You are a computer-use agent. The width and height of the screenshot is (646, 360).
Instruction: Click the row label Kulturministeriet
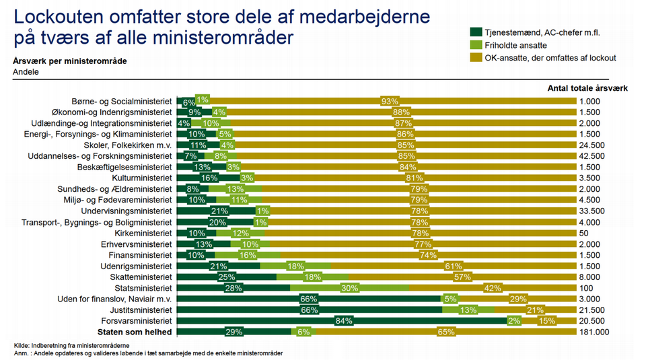click(x=142, y=178)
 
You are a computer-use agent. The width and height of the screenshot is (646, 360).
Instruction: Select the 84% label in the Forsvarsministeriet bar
click(x=344, y=321)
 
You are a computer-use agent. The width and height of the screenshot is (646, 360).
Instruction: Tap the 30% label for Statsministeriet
click(x=349, y=288)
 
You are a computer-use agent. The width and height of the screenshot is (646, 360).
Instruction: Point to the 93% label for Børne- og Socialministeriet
click(x=389, y=102)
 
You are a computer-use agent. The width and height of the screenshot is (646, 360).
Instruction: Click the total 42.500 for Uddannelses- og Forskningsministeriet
click(x=592, y=156)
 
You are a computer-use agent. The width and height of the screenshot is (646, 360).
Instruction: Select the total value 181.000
click(x=594, y=332)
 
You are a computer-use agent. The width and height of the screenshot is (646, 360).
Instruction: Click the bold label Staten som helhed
click(x=135, y=332)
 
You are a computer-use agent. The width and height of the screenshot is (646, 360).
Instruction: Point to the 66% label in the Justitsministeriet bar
click(x=308, y=310)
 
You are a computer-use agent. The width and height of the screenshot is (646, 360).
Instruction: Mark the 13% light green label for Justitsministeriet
click(x=468, y=310)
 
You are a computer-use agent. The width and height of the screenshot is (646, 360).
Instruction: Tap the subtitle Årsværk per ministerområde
click(x=69, y=61)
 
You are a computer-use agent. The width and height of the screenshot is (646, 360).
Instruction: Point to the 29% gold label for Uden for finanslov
click(x=518, y=299)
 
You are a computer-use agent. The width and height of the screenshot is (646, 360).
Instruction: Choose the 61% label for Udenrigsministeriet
click(x=452, y=266)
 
